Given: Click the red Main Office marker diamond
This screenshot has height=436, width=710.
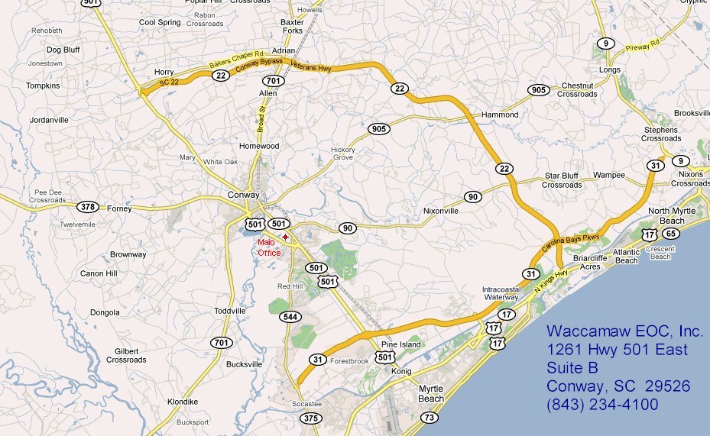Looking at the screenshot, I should [x=285, y=237].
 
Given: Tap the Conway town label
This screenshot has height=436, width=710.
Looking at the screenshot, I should [x=244, y=195].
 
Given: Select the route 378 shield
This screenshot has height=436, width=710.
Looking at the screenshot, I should [x=88, y=206].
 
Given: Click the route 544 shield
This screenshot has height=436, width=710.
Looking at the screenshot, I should [x=291, y=316].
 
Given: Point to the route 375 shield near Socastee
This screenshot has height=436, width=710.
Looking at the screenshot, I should [x=311, y=418].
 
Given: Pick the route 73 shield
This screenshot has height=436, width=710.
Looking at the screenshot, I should [x=430, y=417].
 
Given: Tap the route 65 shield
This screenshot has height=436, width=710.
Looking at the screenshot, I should [x=670, y=234].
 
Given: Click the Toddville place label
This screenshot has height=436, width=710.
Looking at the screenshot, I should [x=230, y=311].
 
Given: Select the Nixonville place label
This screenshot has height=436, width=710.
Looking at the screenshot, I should [x=441, y=210].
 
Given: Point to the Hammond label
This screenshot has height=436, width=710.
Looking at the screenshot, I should [x=500, y=115].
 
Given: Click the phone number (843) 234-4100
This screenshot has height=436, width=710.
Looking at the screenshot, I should [x=602, y=405].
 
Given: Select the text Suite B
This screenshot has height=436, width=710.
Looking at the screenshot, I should [x=573, y=368].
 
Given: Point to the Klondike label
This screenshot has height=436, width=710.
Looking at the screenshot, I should [x=183, y=402].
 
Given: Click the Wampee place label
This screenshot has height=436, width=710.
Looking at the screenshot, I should [x=609, y=175].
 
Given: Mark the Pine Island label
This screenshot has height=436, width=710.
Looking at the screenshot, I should [x=401, y=345].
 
